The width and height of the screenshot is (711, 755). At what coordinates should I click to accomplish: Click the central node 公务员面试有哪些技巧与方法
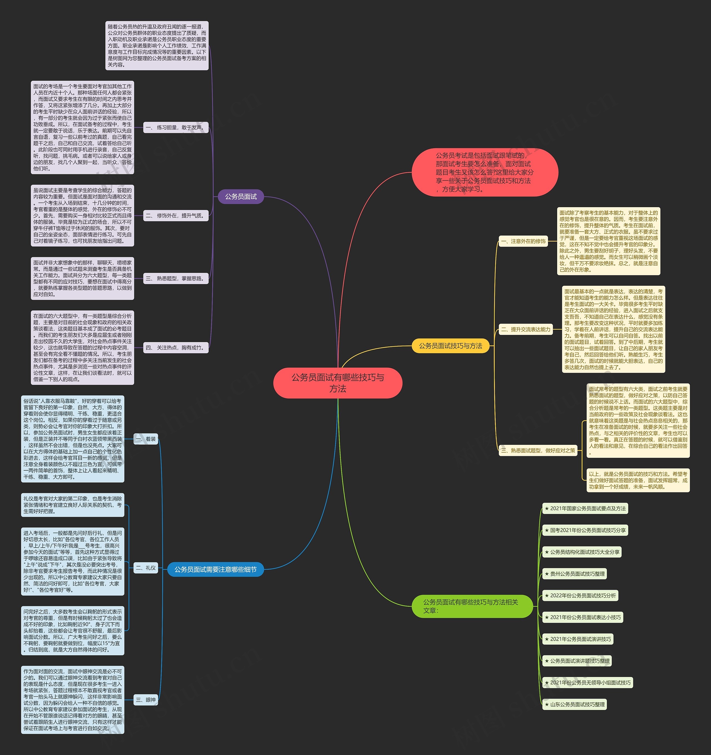(338, 383)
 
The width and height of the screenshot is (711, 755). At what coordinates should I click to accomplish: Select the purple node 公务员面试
(241, 197)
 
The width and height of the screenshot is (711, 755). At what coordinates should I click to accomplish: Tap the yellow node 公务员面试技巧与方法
(450, 346)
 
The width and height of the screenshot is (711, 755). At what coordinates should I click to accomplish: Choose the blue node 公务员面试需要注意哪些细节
(215, 569)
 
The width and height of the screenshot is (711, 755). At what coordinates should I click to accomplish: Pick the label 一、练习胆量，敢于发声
(176, 128)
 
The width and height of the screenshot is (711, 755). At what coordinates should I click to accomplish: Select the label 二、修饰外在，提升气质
(176, 216)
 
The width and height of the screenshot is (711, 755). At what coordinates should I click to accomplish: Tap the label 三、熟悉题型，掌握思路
(176, 279)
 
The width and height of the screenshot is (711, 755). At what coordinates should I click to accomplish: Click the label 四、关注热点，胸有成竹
(176, 347)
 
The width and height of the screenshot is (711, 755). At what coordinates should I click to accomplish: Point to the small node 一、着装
(146, 439)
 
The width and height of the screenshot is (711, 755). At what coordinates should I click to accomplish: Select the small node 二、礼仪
(146, 568)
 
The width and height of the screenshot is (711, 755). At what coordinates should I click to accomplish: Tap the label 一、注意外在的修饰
(523, 241)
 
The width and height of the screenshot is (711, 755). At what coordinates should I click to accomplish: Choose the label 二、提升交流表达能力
(525, 329)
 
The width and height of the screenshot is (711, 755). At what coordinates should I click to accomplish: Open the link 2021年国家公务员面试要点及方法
(585, 508)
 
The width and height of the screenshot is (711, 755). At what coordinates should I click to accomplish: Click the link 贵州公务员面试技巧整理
(575, 574)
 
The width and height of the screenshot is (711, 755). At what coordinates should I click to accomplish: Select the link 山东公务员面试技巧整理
(575, 704)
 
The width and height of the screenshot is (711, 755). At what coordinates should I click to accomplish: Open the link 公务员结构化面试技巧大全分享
(582, 552)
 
